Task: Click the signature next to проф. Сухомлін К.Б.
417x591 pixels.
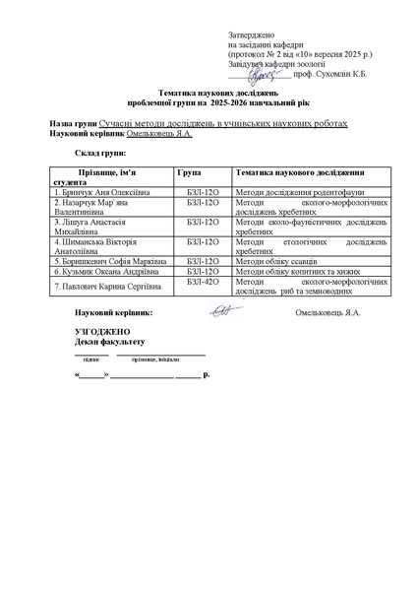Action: tap(267, 73)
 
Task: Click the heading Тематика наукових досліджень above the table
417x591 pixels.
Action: tap(208, 92)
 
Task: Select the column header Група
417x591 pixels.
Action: tap(189, 171)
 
